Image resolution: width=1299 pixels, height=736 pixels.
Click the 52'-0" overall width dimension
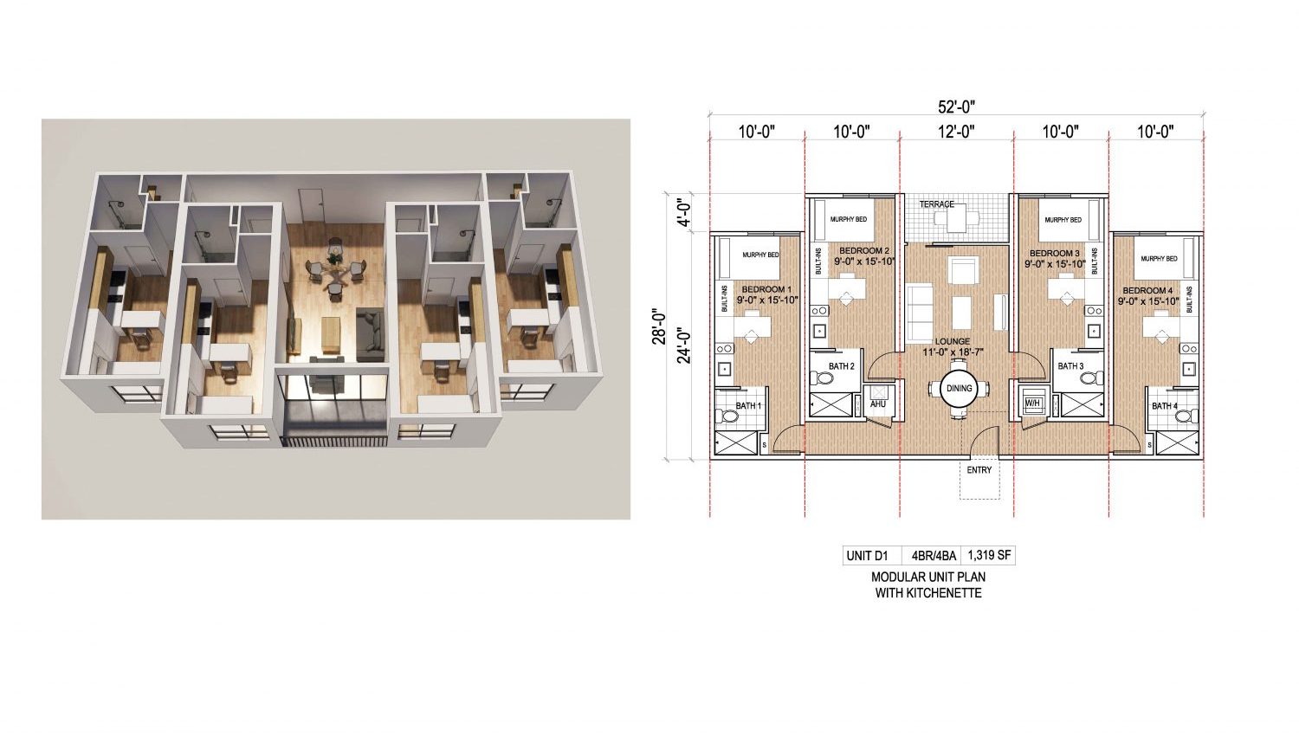click(956, 107)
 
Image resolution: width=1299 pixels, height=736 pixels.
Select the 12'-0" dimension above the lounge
click(956, 132)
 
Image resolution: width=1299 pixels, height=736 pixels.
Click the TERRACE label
click(936, 204)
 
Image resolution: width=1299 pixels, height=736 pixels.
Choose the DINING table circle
click(960, 388)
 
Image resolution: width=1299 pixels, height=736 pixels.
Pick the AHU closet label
click(877, 404)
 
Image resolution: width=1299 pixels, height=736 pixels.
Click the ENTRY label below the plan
click(979, 470)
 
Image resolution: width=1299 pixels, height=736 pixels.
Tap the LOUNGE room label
click(953, 342)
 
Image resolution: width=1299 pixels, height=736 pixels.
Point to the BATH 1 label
click(748, 406)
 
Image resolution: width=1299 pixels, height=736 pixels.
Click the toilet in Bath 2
click(822, 378)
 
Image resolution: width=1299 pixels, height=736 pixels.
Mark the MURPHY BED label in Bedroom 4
click(1159, 259)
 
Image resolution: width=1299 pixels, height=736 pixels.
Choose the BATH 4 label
click(1165, 406)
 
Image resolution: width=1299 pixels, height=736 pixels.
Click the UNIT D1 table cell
click(867, 556)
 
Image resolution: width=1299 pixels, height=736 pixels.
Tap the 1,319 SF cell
click(989, 555)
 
